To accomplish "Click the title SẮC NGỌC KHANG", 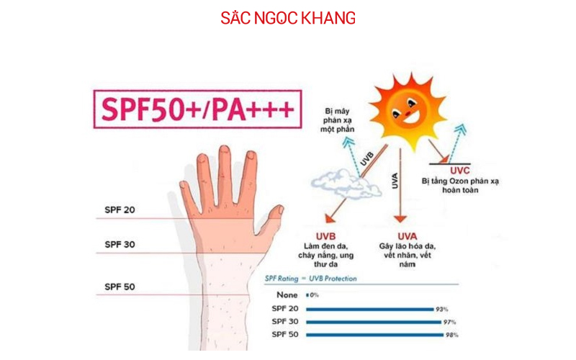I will click(x=288, y=18).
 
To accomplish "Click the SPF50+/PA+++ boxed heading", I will click(x=197, y=109).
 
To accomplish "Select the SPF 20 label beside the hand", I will click(x=120, y=210).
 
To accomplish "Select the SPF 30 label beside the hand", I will click(x=120, y=244).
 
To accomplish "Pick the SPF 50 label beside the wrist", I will click(x=120, y=287).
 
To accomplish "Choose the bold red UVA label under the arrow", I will click(x=408, y=236).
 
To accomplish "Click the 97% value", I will click(x=449, y=322).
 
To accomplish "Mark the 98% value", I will click(x=451, y=335).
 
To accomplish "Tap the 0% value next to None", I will click(x=314, y=295).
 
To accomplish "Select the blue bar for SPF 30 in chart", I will click(x=374, y=322).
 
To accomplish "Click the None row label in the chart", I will click(x=287, y=295).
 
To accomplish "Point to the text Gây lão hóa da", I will click(x=408, y=247).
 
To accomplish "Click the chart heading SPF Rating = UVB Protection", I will click(x=310, y=278).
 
